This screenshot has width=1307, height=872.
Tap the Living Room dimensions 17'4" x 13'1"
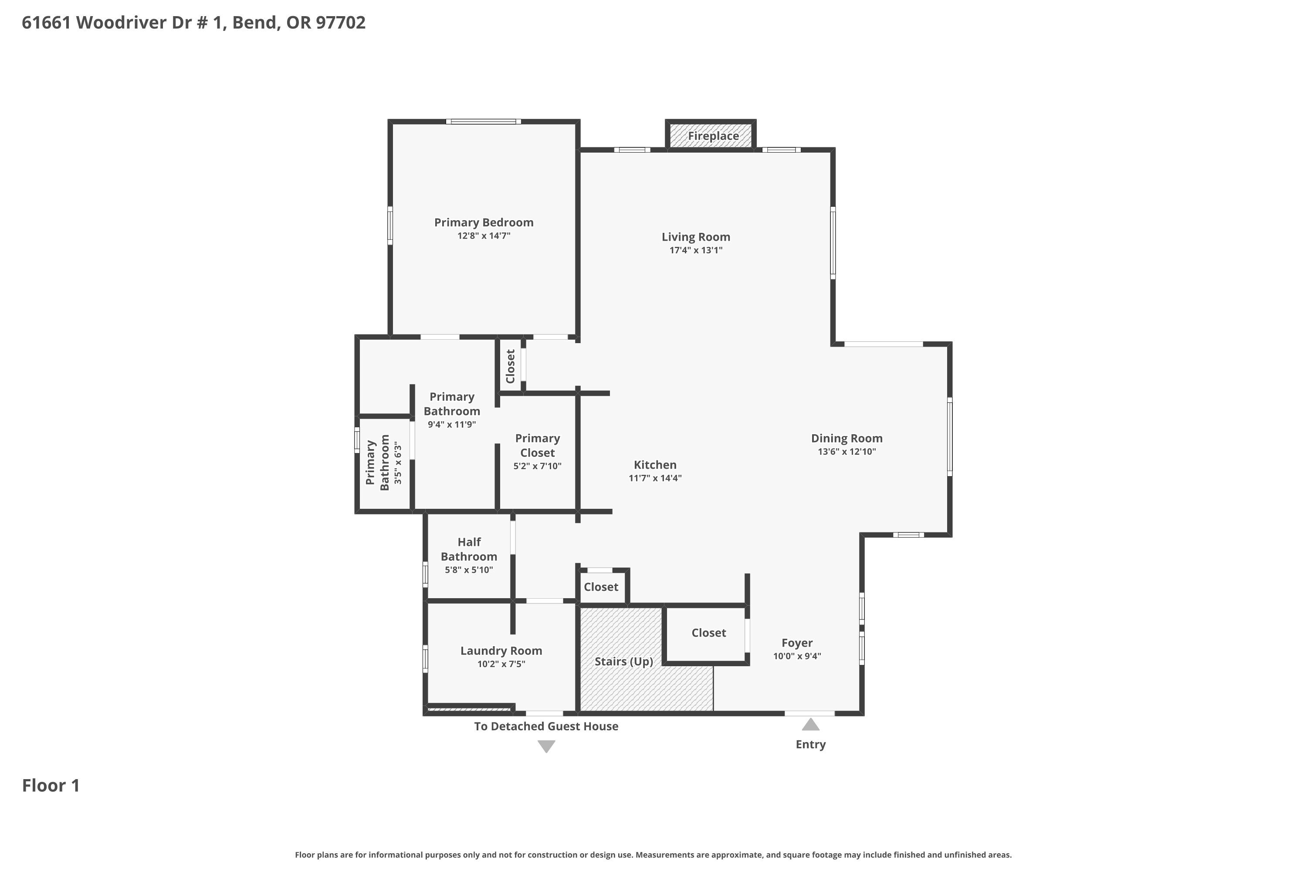pyautogui.click(x=696, y=250)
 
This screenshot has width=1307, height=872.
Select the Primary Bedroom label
pyautogui.click(x=484, y=222)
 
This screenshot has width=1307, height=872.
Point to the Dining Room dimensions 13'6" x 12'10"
pyautogui.click(x=847, y=452)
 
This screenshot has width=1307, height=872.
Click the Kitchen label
pyautogui.click(x=655, y=464)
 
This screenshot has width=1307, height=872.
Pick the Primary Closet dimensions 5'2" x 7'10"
pyautogui.click(x=537, y=466)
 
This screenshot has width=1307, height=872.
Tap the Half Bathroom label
pyautogui.click(x=469, y=549)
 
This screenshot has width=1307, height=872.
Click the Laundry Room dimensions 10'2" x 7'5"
pyautogui.click(x=501, y=664)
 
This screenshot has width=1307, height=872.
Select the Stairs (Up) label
pyautogui.click(x=623, y=661)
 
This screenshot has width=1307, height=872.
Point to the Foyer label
pyautogui.click(x=797, y=643)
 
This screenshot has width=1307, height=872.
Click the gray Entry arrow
pyautogui.click(x=811, y=724)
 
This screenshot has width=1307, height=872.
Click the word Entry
pyautogui.click(x=811, y=744)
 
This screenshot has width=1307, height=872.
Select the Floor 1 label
pyautogui.click(x=51, y=785)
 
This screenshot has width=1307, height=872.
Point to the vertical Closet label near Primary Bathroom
pyautogui.click(x=510, y=367)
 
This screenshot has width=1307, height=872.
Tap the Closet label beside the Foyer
pyautogui.click(x=708, y=633)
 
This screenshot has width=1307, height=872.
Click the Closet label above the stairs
pyautogui.click(x=601, y=587)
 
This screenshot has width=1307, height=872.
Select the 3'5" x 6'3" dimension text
pyautogui.click(x=397, y=463)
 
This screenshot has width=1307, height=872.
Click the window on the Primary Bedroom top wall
pyautogui.click(x=484, y=121)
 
